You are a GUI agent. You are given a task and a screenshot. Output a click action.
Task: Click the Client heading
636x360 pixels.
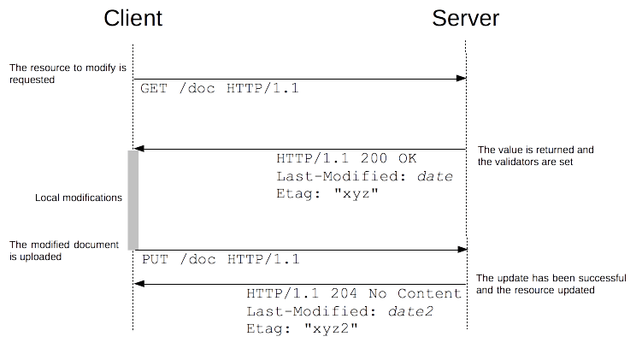point(132,18)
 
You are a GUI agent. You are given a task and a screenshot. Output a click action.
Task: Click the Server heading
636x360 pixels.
point(465,18)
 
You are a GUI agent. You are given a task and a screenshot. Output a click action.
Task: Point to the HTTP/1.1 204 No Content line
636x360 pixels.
point(354,293)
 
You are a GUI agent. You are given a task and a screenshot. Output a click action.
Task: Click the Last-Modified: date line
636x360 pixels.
point(364,176)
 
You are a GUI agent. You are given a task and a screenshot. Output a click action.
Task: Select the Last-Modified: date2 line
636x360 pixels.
point(339,310)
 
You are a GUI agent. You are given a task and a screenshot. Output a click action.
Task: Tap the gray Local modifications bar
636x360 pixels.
point(132,198)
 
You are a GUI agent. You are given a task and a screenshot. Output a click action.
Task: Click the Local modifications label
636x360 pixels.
point(78,198)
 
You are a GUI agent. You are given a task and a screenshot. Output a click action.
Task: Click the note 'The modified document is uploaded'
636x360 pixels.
point(64,250)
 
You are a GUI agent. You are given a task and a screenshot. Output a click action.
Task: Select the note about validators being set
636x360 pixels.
point(535,155)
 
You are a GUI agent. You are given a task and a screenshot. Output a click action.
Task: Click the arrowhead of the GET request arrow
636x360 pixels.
point(462,79)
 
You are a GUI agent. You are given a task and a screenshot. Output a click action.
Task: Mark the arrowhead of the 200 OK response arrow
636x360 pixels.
point(138,149)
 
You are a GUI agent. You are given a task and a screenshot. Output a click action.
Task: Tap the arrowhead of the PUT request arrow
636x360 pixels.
point(462,250)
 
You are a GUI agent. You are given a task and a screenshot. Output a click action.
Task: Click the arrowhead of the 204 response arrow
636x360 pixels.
point(138,283)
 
